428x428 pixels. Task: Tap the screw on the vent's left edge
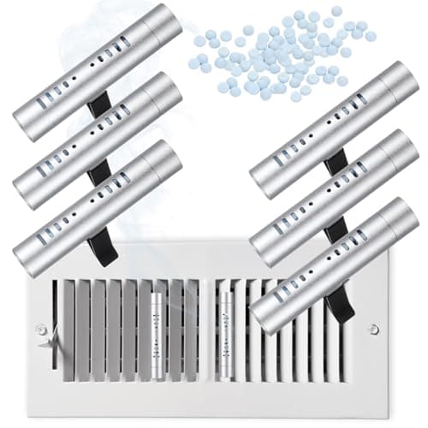point(40,329)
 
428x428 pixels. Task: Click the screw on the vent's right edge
point(372,329)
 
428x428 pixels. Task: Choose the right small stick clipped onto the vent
point(226,325)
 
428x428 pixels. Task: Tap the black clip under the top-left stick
point(99,104)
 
